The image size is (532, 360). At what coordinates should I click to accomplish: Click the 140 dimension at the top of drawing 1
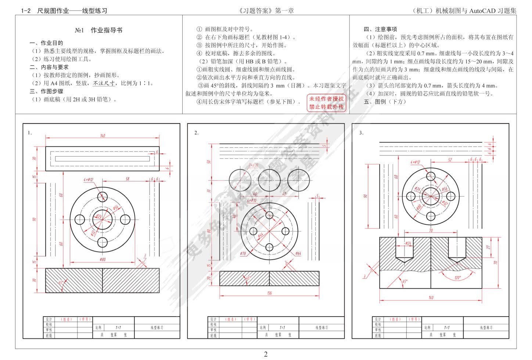(103, 136)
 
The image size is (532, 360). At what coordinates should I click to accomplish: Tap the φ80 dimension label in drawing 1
(103, 260)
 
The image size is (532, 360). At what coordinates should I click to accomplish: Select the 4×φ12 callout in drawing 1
(89, 179)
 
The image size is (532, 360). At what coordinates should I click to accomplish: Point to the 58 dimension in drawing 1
(127, 179)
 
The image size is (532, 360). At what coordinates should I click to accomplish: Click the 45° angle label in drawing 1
(61, 283)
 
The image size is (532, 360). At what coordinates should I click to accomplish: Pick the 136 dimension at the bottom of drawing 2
(269, 293)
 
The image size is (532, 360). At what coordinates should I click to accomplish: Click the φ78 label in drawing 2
(243, 253)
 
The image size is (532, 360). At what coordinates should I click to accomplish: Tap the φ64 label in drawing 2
(298, 253)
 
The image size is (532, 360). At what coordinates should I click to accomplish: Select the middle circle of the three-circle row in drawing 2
(269, 180)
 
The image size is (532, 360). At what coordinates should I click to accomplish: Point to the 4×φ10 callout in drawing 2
(252, 200)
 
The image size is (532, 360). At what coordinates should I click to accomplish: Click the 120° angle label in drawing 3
(457, 278)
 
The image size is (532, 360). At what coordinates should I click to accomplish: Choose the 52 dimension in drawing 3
(450, 160)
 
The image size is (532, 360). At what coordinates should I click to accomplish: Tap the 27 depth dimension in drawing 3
(488, 247)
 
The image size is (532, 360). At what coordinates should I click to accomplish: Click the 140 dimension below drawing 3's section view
(431, 297)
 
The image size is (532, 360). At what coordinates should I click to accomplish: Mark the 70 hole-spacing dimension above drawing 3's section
(431, 231)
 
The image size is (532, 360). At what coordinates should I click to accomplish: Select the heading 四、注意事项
(380, 29)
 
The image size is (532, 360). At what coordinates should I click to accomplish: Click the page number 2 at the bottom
(266, 354)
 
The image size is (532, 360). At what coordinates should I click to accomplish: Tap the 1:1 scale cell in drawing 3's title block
(447, 327)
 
